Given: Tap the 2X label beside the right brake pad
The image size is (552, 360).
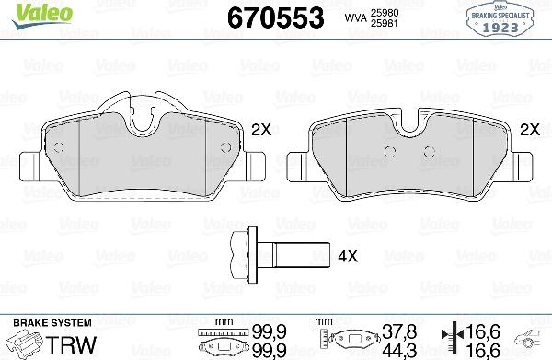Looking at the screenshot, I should click(x=529, y=131).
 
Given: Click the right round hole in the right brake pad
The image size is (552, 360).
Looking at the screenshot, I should click(x=426, y=153).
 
